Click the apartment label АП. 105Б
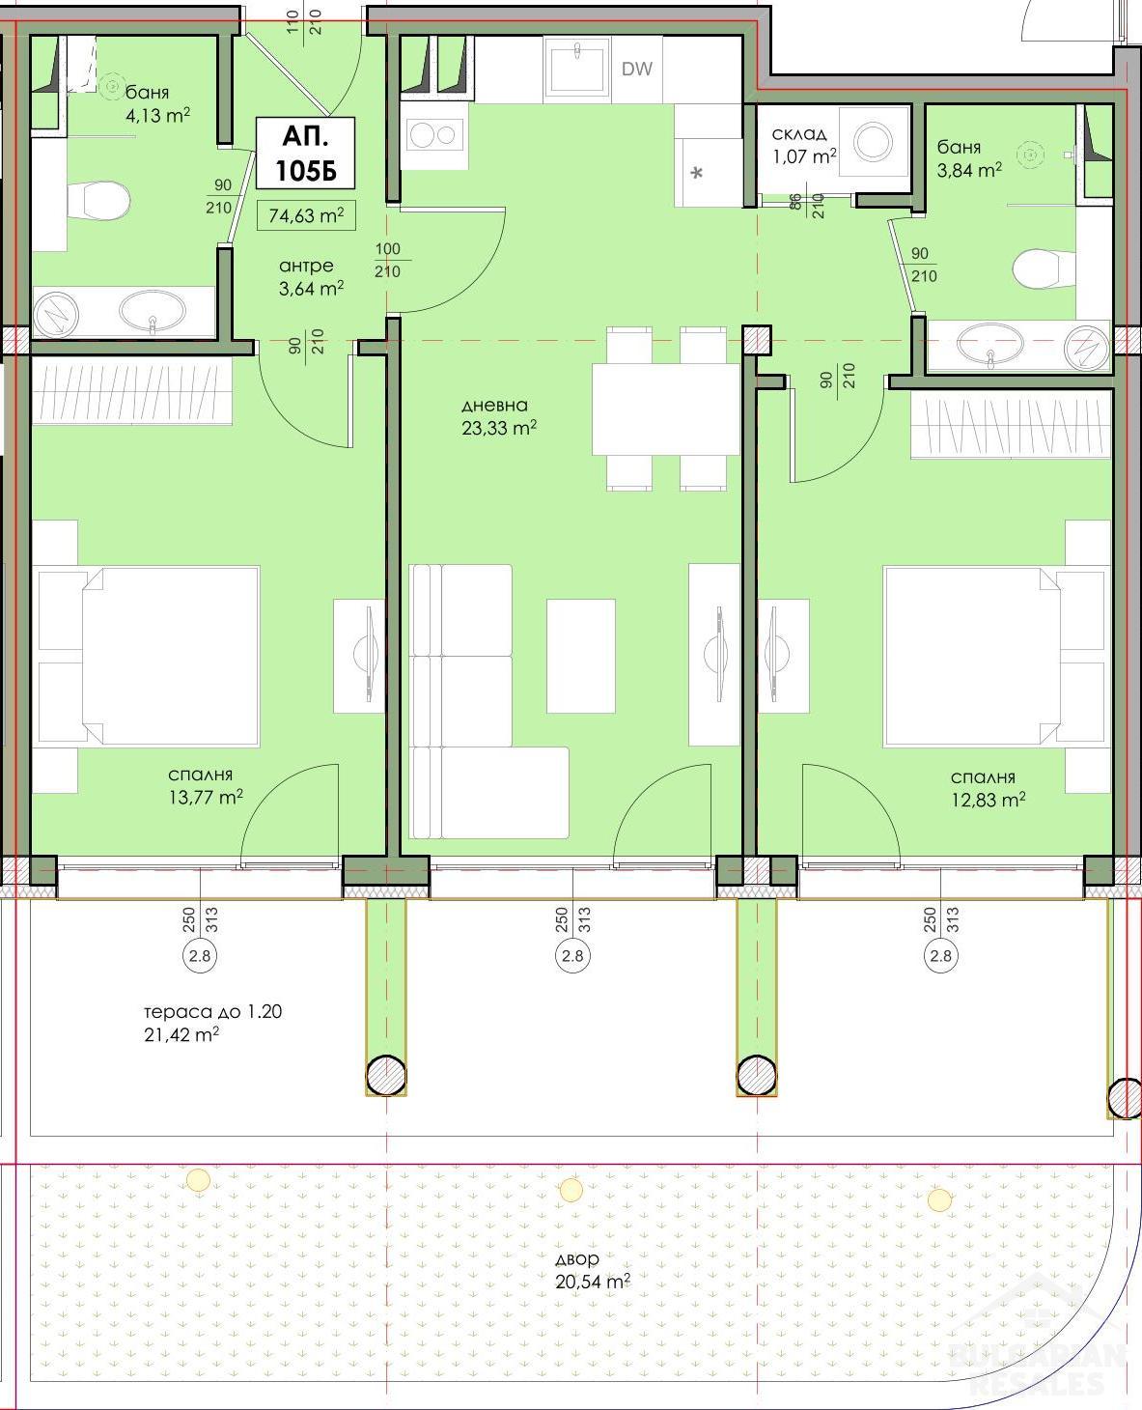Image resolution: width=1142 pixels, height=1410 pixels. click(x=305, y=153)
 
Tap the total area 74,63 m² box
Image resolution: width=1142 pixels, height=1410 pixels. click(x=306, y=215)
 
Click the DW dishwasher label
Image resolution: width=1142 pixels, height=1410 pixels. click(x=636, y=69)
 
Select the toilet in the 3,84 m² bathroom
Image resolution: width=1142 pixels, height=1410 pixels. click(x=1045, y=268)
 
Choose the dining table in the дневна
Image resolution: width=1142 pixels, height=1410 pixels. click(x=665, y=409)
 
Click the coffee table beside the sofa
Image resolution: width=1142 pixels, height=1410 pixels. click(x=580, y=656)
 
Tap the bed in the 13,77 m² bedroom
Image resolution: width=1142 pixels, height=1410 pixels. click(x=149, y=656)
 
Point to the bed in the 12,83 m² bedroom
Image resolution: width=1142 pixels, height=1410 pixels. click(x=997, y=656)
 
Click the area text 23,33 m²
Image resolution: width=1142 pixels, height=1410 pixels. click(x=499, y=428)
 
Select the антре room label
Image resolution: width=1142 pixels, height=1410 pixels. click(x=306, y=267)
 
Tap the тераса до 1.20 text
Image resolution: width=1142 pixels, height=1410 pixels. click(x=213, y=1012)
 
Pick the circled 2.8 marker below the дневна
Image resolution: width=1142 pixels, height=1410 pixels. click(x=572, y=956)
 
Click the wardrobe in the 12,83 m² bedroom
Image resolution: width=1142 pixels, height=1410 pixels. click(x=1011, y=424)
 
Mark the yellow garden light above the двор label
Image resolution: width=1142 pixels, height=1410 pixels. click(x=571, y=1190)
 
